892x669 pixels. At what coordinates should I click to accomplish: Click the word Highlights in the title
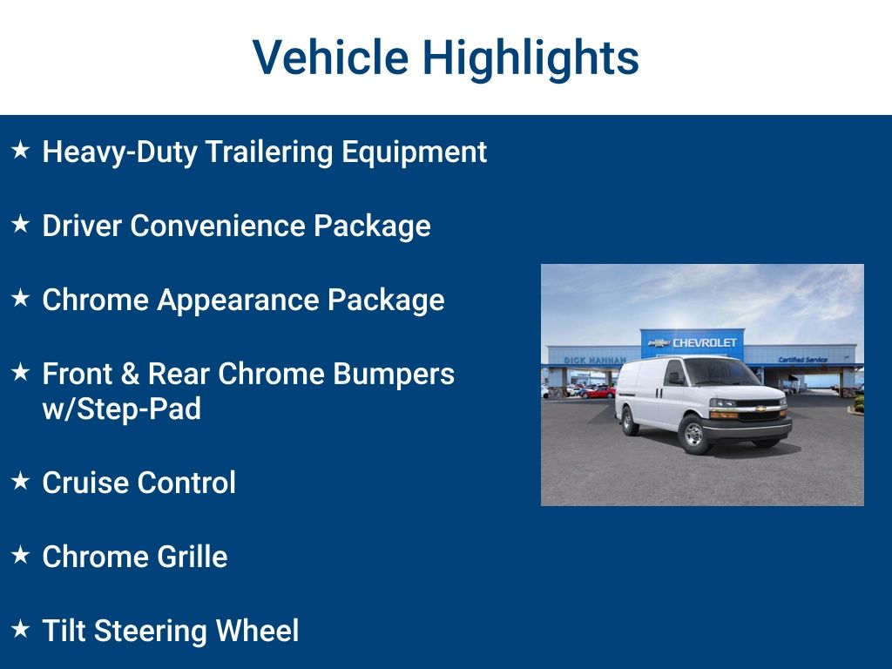[530, 57]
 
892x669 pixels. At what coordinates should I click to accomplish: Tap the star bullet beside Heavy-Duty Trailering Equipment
[21, 151]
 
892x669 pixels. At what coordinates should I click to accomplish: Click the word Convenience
[220, 226]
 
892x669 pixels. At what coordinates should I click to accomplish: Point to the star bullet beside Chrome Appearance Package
[21, 299]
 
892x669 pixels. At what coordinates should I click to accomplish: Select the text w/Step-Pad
[121, 409]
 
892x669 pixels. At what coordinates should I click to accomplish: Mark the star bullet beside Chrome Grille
[21, 556]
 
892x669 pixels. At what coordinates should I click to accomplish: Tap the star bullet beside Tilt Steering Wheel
[21, 630]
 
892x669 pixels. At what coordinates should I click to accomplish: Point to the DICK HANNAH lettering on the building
[594, 360]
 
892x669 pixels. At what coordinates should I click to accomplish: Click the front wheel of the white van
[694, 435]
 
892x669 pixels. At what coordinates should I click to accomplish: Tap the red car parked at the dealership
[598, 392]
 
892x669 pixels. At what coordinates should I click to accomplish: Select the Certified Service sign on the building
[802, 360]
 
